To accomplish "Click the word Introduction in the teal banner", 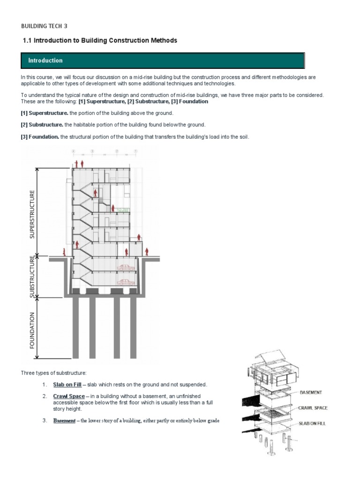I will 45,60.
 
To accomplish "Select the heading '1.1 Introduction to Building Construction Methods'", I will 100,41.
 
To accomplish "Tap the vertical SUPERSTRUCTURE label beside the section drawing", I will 32,214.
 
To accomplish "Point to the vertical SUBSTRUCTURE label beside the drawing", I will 32,277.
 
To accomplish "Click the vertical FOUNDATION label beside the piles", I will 32,330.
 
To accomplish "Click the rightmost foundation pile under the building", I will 132,328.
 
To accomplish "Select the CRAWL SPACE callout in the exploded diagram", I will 313,408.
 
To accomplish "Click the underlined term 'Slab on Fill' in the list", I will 67,385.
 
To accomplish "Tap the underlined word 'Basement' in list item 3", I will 64,420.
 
